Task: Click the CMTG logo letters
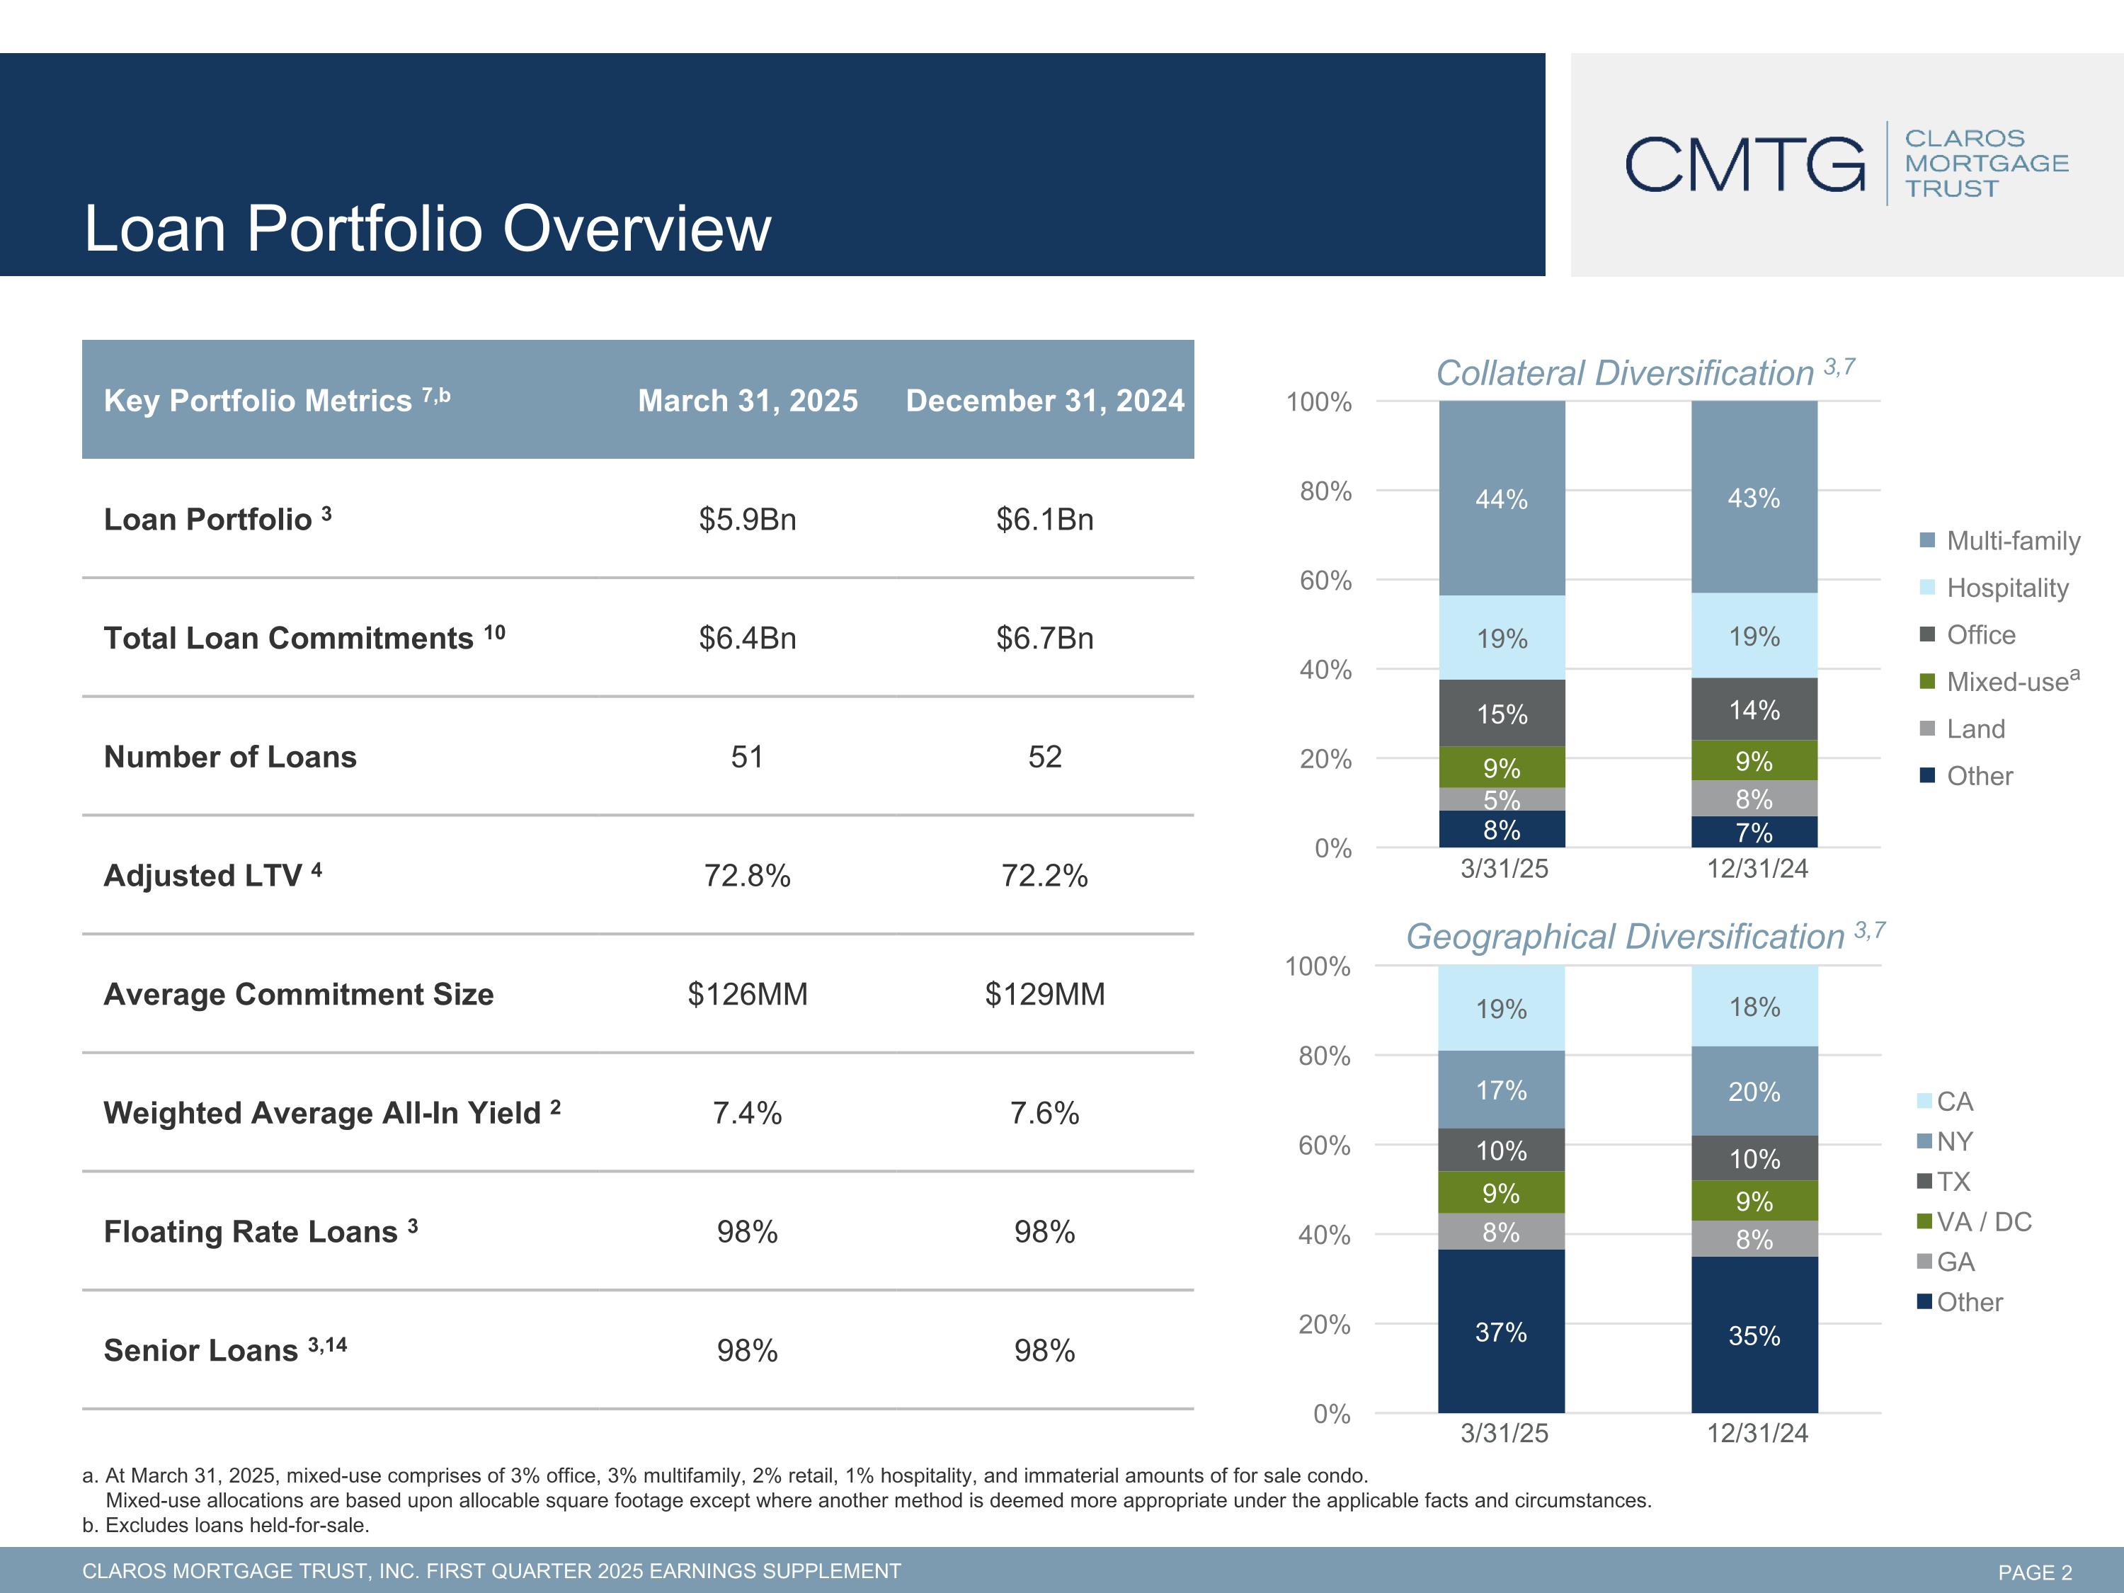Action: coord(1744,164)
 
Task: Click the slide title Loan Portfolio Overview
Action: coord(428,229)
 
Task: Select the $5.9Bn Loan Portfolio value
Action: coord(747,520)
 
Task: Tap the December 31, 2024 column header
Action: coord(1045,401)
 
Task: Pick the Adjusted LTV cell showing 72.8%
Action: coord(747,876)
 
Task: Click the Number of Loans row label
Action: coord(230,757)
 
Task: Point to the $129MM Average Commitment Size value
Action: coord(1045,994)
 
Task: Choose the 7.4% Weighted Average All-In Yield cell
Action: coord(747,1113)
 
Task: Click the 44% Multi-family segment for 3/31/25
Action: coord(1502,498)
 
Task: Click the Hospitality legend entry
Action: coord(2007,588)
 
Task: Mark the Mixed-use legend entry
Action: coord(2007,682)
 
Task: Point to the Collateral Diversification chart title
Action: coord(1625,374)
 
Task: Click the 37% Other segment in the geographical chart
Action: coord(1501,1332)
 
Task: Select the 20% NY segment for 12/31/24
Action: coord(1754,1092)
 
